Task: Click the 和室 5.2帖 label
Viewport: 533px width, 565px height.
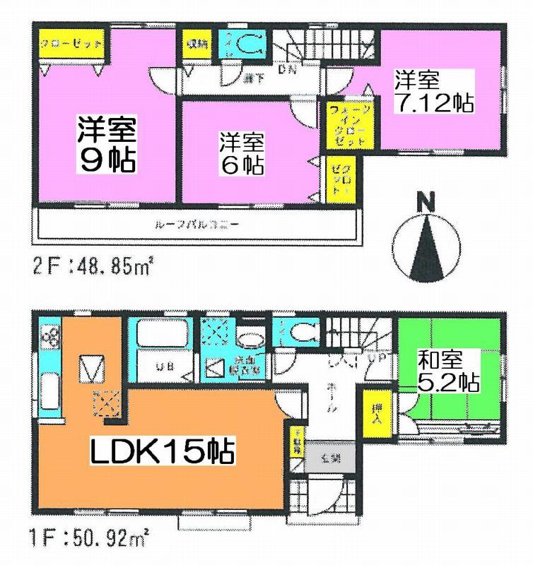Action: [447, 371]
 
